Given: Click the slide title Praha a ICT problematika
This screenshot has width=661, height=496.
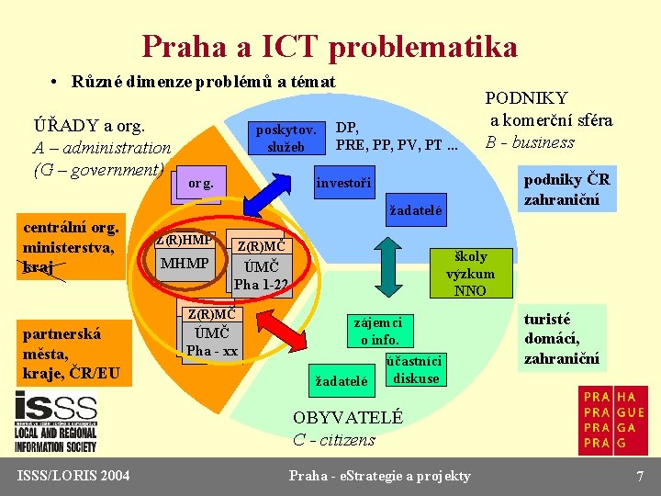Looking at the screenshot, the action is pyautogui.click(x=330, y=45).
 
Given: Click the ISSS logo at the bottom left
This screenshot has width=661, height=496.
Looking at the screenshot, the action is pyautogui.click(x=55, y=423).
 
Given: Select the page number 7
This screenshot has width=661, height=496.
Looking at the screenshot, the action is pyautogui.click(x=640, y=476).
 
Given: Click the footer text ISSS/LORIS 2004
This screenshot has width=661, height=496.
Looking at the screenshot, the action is pyautogui.click(x=73, y=475).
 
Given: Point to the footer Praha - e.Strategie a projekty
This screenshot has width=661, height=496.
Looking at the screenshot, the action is pyautogui.click(x=379, y=476).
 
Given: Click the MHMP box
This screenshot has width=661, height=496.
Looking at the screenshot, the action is pyautogui.click(x=185, y=265).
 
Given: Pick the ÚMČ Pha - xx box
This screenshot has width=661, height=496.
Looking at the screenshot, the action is pyautogui.click(x=212, y=341).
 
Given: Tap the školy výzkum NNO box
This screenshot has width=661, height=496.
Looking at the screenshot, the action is pyautogui.click(x=471, y=274).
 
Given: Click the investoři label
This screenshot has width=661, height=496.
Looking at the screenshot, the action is pyautogui.click(x=343, y=184).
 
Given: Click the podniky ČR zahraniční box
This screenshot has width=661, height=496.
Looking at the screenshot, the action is pyautogui.click(x=566, y=188).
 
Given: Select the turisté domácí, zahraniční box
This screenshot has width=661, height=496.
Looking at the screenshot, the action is pyautogui.click(x=561, y=339).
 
